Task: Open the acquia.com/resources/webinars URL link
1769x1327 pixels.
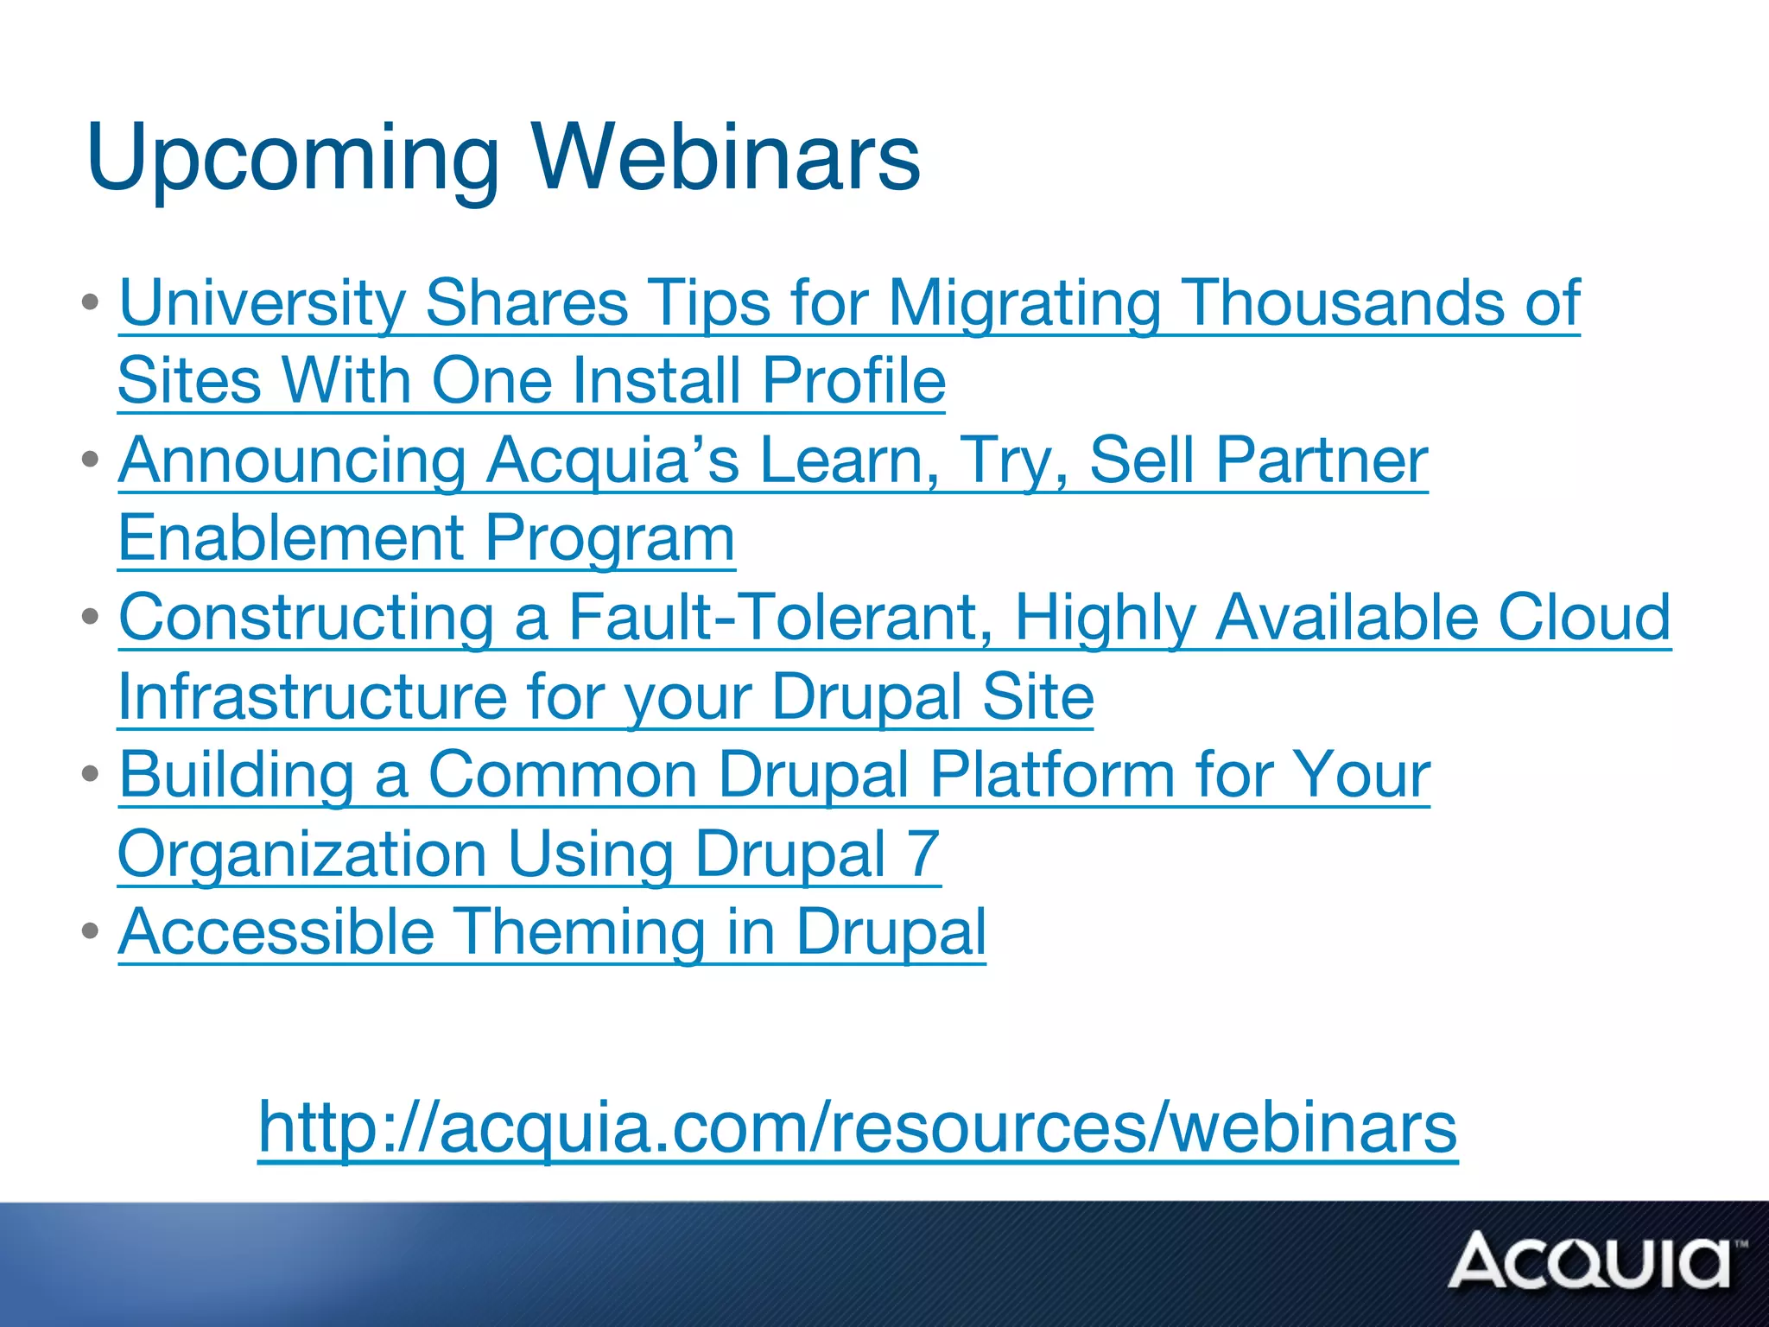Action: pos(857,1127)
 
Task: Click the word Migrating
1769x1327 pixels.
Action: pos(1024,303)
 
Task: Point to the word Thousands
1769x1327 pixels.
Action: pos(1342,303)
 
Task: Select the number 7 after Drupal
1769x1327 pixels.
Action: pos(923,854)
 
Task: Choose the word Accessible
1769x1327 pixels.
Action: pos(276,932)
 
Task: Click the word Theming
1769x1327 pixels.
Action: pos(580,932)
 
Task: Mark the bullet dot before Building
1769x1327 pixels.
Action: pos(91,773)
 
